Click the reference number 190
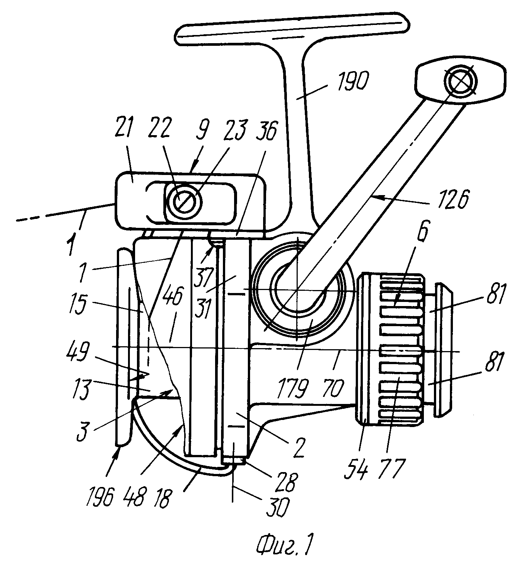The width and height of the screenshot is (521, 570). pos(353,81)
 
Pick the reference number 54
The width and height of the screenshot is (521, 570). pos(356,469)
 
